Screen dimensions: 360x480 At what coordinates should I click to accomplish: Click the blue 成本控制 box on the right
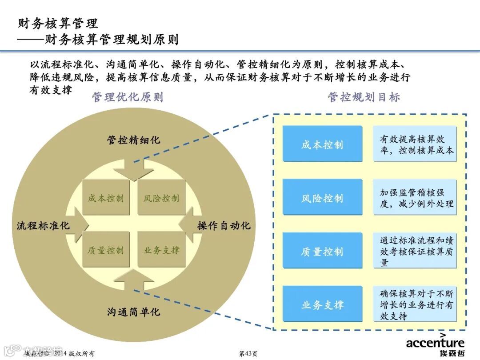[x=322, y=144]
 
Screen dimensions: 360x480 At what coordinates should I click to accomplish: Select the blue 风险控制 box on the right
[x=322, y=197]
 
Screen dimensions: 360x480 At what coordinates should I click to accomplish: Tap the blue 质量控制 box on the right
[x=322, y=251]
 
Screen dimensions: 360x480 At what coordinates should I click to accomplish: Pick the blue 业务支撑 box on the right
[x=322, y=304]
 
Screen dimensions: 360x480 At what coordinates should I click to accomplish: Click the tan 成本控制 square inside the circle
[x=106, y=198]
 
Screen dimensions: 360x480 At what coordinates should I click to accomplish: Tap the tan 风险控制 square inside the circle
[x=161, y=198]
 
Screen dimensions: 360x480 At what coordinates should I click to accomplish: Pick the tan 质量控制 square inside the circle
[x=106, y=250]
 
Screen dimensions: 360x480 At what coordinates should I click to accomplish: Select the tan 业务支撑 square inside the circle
[x=161, y=250]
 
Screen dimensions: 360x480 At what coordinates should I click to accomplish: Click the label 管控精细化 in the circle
[x=133, y=140]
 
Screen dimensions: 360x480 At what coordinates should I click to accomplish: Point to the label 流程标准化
[x=43, y=225]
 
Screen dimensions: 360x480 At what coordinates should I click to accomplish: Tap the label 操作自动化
[x=224, y=225]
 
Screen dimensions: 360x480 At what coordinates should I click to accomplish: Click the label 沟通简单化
[x=133, y=312]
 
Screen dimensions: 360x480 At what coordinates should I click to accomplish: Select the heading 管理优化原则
[x=128, y=97]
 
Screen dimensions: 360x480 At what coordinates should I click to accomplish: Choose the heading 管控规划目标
[x=364, y=97]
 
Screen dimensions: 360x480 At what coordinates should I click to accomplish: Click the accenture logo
[x=435, y=344]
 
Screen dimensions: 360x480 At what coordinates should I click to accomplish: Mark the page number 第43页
[x=248, y=353]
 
